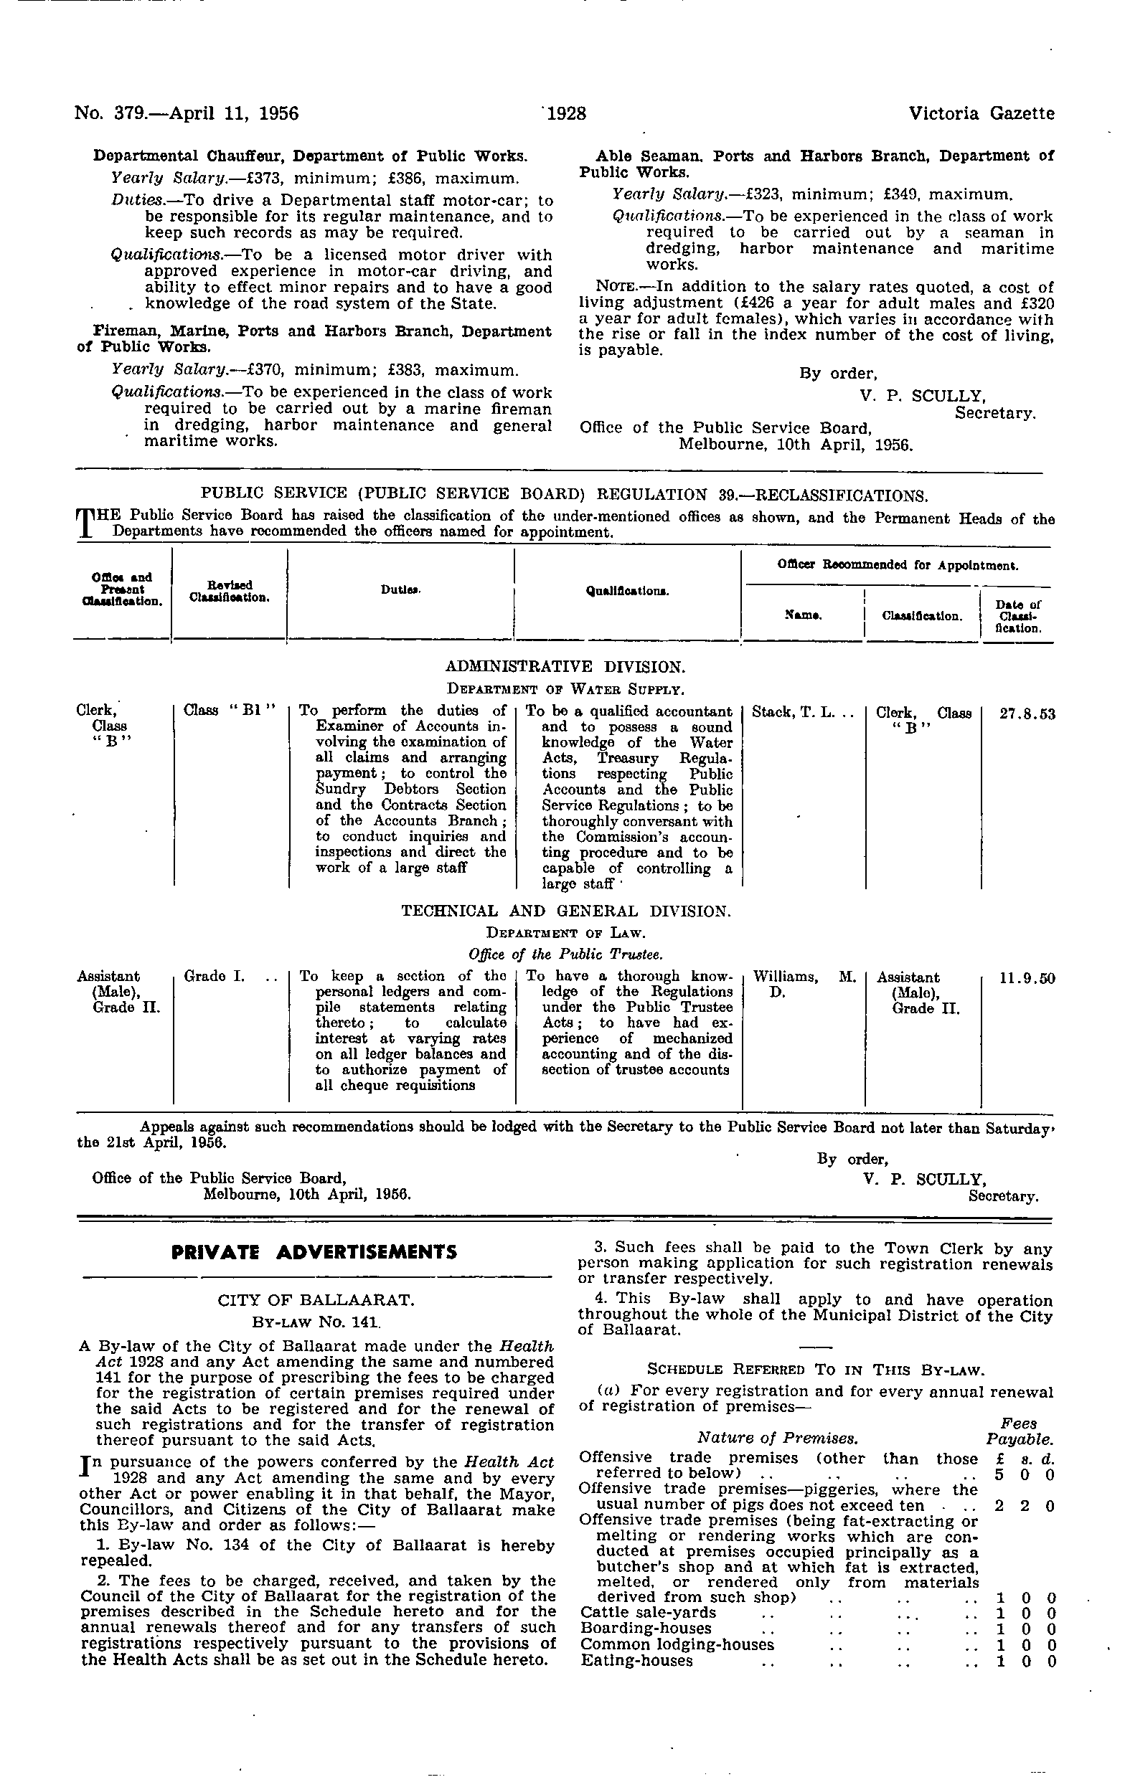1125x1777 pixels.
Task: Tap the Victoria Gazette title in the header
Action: (x=981, y=113)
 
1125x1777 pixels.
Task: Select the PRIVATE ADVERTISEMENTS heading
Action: (x=314, y=1252)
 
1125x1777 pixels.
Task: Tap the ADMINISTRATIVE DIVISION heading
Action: (x=565, y=667)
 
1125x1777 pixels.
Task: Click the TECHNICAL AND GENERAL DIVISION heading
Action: (x=565, y=911)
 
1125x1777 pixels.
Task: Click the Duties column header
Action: (x=401, y=589)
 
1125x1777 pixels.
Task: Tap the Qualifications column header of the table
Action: (x=628, y=590)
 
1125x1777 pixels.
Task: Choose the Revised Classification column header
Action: (x=229, y=590)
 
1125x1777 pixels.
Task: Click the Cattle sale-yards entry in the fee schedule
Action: (x=647, y=1633)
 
